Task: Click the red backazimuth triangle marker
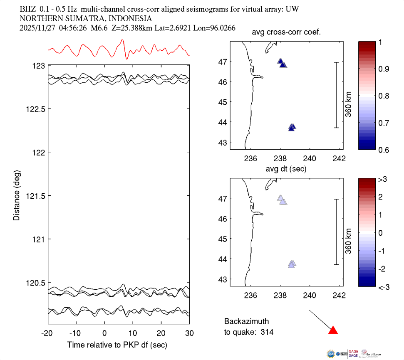pos(333,330)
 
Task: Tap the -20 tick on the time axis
pos(47,333)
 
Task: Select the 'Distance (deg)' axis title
pos(16,195)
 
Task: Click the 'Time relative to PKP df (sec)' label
pos(117,345)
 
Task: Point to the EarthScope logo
pos(369,353)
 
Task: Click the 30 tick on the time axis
pos(189,333)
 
